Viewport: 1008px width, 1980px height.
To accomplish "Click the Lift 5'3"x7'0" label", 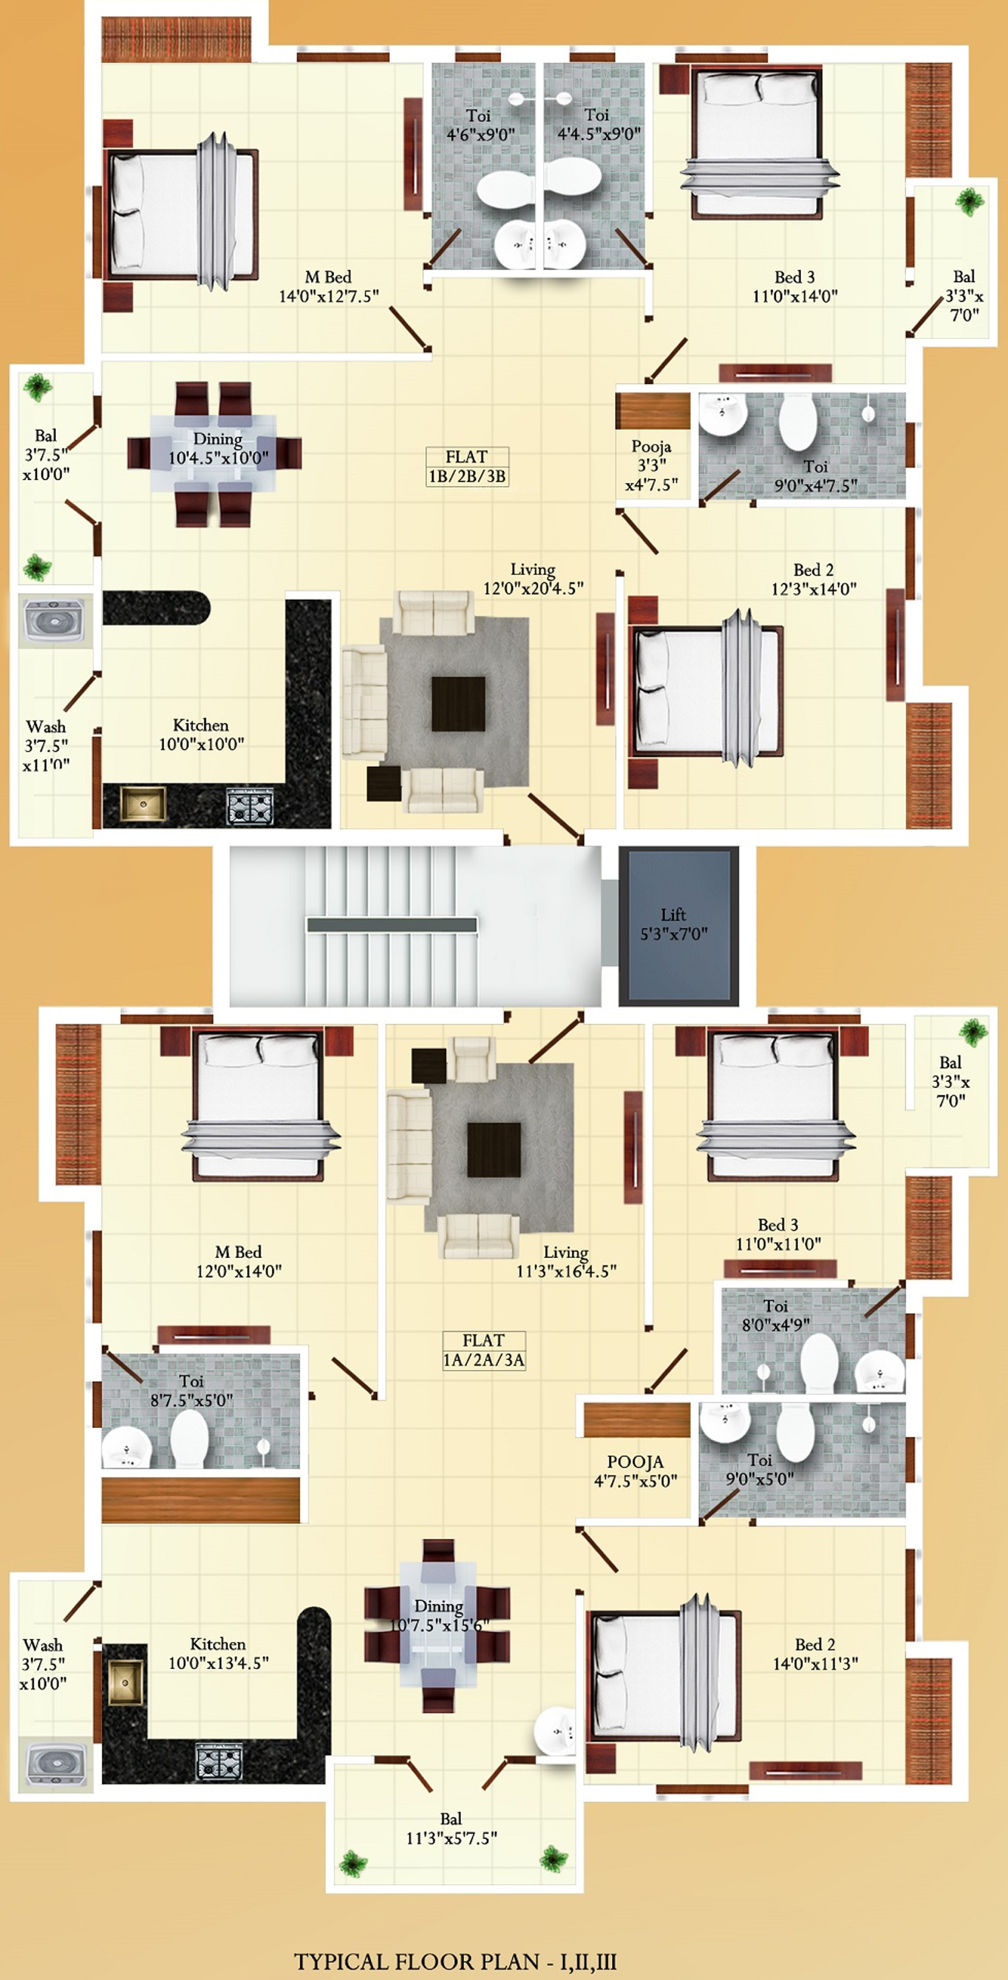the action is (x=674, y=924).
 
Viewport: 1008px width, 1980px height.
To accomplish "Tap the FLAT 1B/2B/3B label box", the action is (x=467, y=467).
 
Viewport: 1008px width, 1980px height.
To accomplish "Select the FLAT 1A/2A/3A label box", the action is (x=484, y=1351).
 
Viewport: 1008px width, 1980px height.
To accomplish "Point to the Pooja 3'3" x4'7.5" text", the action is (x=652, y=465).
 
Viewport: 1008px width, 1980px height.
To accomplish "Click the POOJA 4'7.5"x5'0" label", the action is (x=635, y=1471).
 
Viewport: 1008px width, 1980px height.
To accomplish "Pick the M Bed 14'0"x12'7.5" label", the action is (x=329, y=287).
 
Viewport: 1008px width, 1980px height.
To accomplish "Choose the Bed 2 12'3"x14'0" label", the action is (x=814, y=579).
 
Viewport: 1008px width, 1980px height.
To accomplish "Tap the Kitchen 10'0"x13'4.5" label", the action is (x=218, y=1654).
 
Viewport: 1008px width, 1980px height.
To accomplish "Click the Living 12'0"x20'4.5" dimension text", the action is (x=533, y=579).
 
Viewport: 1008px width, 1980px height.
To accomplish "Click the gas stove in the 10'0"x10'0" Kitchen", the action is (x=250, y=806).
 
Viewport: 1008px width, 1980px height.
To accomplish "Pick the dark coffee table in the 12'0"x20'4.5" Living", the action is (x=458, y=704).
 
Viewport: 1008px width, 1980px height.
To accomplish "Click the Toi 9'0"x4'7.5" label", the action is (x=815, y=476).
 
